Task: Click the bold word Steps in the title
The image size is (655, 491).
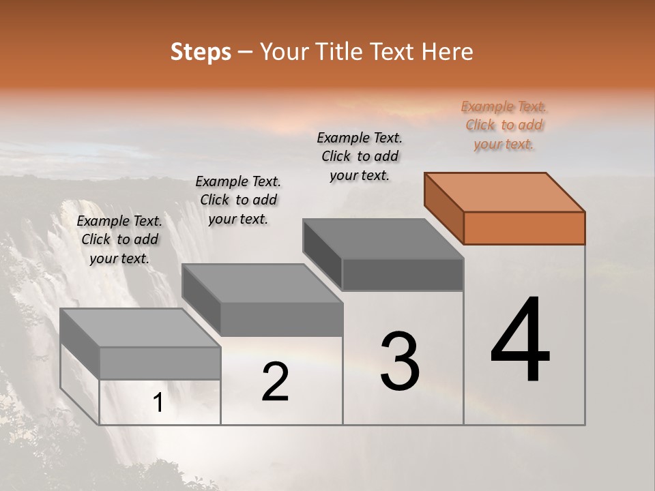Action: pos(201,52)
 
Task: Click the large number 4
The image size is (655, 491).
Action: pos(521,341)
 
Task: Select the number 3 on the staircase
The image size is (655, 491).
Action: pos(400,361)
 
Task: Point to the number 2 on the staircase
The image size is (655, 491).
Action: pos(275,382)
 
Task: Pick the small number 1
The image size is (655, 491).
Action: pos(158,403)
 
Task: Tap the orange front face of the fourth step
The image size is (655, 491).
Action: pos(524,228)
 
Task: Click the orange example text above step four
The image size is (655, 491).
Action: pos(504,125)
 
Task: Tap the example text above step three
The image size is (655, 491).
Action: pos(360,156)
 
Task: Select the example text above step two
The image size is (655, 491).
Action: pos(238,200)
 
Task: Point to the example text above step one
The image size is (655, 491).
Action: pos(119,239)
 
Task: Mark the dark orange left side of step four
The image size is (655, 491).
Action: pos(443,207)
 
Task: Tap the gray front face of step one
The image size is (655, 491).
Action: pos(160,363)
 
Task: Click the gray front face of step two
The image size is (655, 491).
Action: pos(282,319)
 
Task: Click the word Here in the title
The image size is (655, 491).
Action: pos(448,52)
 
